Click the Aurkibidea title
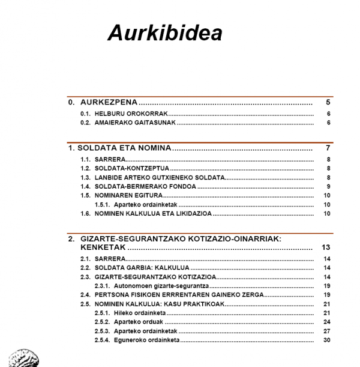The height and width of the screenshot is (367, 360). click(x=164, y=34)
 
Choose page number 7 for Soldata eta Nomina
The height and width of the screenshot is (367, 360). click(x=328, y=148)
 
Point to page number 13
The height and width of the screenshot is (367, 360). click(x=326, y=246)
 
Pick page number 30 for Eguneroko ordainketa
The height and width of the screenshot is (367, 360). click(x=327, y=341)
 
